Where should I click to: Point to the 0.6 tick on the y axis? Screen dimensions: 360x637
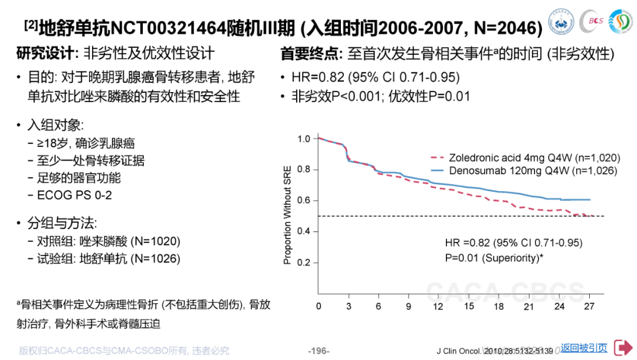point(304,201)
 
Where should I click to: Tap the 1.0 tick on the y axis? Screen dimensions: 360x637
point(304,139)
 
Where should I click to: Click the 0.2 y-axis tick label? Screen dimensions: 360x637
point(304,263)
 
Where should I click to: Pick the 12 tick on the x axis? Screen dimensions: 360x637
point(438,306)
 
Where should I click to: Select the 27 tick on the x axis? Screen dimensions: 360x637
point(589,306)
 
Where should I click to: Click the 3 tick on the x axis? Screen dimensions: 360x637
point(349,306)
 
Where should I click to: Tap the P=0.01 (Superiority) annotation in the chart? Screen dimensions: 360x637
point(494,257)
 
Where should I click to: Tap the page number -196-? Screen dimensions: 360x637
point(318,351)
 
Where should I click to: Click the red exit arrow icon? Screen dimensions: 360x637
point(623,348)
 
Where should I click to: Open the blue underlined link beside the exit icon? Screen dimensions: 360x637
point(584,348)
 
